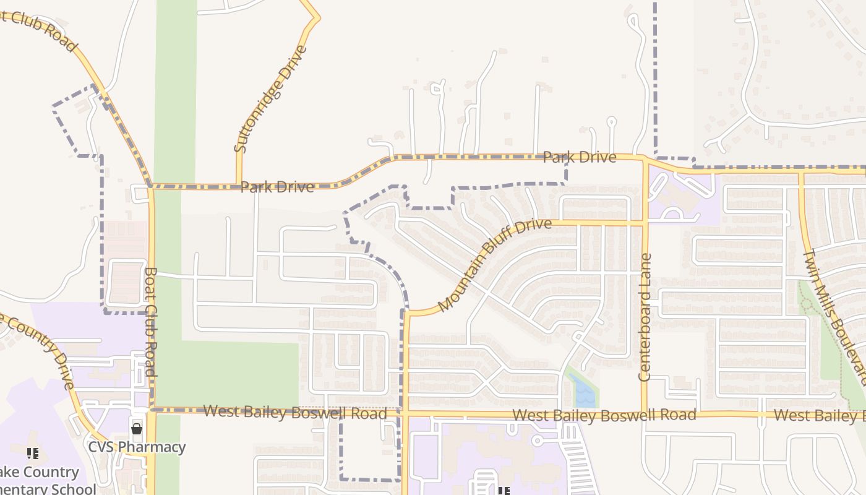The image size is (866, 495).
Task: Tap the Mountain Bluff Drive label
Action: pos(494,264)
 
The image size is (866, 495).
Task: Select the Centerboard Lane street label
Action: pos(645,317)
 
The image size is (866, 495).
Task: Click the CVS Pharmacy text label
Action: pos(137,447)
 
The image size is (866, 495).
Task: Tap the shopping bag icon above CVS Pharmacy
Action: pos(137,428)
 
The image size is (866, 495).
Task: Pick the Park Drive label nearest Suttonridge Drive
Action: pos(277,187)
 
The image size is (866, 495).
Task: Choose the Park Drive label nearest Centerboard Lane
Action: pos(579,157)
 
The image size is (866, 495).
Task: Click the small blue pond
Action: pos(581,390)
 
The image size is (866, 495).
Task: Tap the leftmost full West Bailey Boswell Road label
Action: pos(295,412)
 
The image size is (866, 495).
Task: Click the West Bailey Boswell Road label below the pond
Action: pos(604,416)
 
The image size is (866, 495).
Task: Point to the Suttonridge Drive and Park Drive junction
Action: pos(239,185)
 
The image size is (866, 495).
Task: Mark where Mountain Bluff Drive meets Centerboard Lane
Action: pos(644,223)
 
